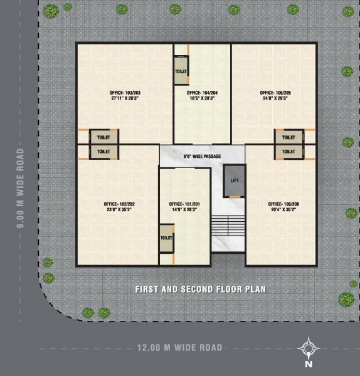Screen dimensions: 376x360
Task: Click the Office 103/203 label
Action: (123, 93)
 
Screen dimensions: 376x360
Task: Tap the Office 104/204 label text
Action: (202, 93)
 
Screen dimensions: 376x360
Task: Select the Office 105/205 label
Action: (275, 93)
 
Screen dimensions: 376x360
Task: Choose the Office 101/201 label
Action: (184, 204)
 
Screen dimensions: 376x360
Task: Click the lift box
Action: (235, 180)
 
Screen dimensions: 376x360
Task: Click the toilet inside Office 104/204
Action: (181, 71)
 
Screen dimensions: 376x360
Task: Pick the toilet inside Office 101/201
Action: (166, 238)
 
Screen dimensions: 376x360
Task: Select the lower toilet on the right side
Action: (289, 152)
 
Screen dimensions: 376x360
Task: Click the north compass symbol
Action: (308, 348)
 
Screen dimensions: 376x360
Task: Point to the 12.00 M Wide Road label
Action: (179, 347)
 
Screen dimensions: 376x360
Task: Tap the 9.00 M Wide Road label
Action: (21, 188)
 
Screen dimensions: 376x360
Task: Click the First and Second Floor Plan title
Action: (201, 290)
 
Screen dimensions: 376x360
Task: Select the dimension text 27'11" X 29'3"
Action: (123, 98)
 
